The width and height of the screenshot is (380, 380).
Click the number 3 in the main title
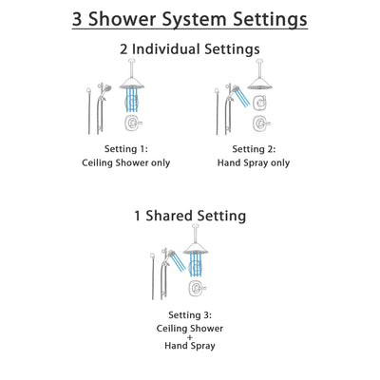point(80,18)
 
